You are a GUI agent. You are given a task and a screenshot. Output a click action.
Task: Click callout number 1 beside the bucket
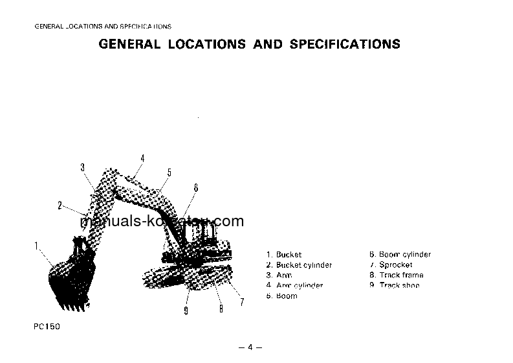(x=36, y=245)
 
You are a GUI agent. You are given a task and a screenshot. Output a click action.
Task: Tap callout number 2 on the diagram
(x=60, y=206)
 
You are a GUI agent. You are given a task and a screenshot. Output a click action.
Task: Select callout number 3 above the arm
(x=83, y=168)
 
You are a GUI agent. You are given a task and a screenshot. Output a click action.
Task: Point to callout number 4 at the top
(x=142, y=159)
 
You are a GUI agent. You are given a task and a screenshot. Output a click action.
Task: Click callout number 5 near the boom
(x=169, y=172)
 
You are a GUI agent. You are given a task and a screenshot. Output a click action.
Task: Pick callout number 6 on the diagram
(x=196, y=188)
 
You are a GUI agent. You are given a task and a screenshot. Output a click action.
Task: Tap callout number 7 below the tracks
(x=242, y=302)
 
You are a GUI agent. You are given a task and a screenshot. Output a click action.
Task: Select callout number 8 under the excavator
(x=221, y=309)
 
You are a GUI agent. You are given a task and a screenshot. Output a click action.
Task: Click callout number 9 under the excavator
(x=186, y=311)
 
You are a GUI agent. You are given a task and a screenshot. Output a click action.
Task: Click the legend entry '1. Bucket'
(x=284, y=255)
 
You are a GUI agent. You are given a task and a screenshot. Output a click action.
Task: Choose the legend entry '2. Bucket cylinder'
(x=299, y=265)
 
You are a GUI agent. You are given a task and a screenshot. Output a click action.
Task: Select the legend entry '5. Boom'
(x=282, y=296)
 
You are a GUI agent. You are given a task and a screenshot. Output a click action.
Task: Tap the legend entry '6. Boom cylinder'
(x=400, y=255)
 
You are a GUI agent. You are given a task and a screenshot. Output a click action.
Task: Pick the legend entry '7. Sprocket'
(x=391, y=265)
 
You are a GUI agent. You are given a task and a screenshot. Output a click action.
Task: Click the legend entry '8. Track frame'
(x=396, y=275)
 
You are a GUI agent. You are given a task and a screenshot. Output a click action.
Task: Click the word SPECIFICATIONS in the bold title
(x=345, y=45)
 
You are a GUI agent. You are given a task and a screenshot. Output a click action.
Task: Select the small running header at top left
(x=103, y=27)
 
